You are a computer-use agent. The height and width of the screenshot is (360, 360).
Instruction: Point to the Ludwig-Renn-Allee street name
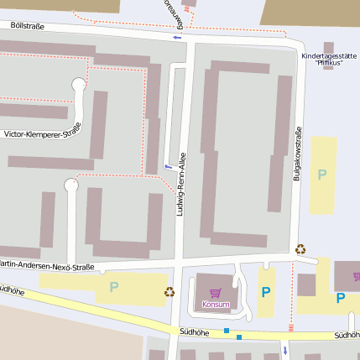pos(180,190)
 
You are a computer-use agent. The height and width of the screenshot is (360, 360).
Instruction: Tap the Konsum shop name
pos(216,304)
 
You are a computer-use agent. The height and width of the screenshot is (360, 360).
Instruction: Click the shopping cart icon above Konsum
pos(216,293)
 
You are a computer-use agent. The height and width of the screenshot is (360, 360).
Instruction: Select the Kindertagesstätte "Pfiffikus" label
pos(324,59)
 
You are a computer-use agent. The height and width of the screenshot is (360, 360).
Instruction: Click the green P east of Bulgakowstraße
pos(321,175)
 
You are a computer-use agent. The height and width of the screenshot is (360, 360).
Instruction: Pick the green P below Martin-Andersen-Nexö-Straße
pos(113,287)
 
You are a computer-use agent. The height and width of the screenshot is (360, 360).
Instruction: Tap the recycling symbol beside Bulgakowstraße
pos(300,249)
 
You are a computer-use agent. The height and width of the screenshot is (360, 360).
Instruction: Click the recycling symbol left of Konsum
pos(170,291)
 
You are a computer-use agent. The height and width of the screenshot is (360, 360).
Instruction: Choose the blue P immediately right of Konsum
pos(266,292)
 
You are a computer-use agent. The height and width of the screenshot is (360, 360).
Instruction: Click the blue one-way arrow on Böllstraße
pos(176,37)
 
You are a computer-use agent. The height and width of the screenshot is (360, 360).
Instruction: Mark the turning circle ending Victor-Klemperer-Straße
pos(79,85)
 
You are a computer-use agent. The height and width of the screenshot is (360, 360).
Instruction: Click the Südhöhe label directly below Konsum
pos(194,331)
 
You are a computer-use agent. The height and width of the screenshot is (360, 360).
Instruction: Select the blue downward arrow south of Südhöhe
pos(284,350)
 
